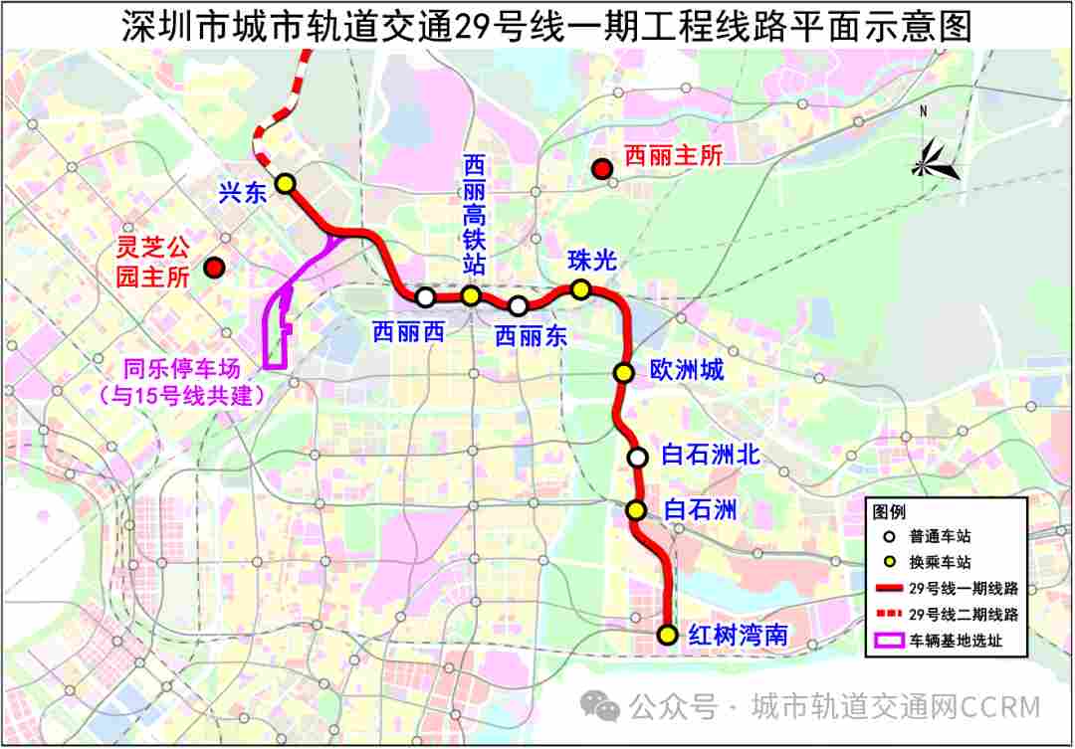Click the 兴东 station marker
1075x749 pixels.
(286, 183)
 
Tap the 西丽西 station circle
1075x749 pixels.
(425, 296)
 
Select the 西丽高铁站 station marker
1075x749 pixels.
(471, 295)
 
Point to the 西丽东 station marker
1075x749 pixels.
(518, 305)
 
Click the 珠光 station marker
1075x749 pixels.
(580, 289)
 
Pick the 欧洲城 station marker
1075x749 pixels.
(623, 373)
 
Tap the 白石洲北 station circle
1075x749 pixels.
(637, 458)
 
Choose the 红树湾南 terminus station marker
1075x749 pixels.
(667, 635)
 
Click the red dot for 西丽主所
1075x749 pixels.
(601, 169)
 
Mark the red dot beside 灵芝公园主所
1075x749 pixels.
(214, 268)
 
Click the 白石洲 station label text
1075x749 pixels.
(701, 510)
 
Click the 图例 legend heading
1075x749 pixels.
(889, 512)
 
